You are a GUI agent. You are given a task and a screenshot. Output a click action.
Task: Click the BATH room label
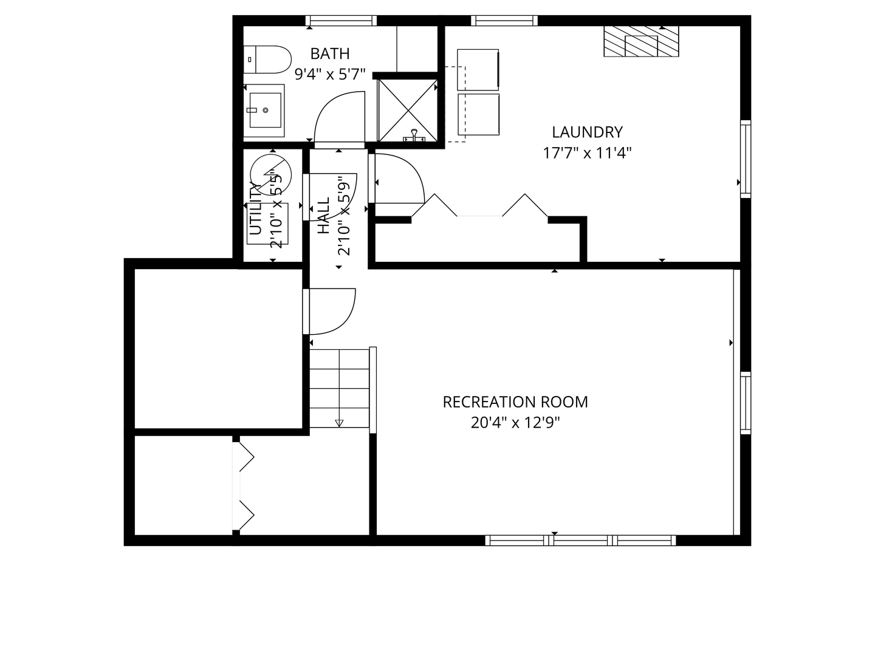(x=329, y=54)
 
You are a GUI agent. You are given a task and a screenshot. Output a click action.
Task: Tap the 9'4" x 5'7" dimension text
(x=329, y=75)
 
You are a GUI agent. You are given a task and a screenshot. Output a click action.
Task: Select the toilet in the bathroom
(x=267, y=59)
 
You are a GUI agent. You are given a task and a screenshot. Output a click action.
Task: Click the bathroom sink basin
(x=266, y=110)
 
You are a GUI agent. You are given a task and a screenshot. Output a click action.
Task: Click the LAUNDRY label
(x=587, y=132)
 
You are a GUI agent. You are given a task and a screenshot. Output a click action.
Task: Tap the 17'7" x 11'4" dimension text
(x=587, y=152)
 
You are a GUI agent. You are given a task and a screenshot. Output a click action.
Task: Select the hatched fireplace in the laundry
(x=641, y=42)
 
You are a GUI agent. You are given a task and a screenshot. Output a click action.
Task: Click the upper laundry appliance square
(x=478, y=70)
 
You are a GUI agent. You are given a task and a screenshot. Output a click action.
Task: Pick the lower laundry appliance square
(x=478, y=115)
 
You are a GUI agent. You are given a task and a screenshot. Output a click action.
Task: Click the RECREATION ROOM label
(x=515, y=402)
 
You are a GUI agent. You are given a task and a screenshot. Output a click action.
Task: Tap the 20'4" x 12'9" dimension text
(x=515, y=423)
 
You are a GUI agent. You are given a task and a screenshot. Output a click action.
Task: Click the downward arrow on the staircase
(x=339, y=423)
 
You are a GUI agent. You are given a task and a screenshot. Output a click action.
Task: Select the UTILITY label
(x=256, y=208)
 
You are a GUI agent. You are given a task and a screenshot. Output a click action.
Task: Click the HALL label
(x=323, y=215)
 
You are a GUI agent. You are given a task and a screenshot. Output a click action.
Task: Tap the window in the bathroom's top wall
(x=340, y=21)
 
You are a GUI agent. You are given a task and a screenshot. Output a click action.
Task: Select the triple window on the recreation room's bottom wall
(x=580, y=540)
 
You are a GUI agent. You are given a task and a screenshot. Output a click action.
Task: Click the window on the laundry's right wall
(x=745, y=159)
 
